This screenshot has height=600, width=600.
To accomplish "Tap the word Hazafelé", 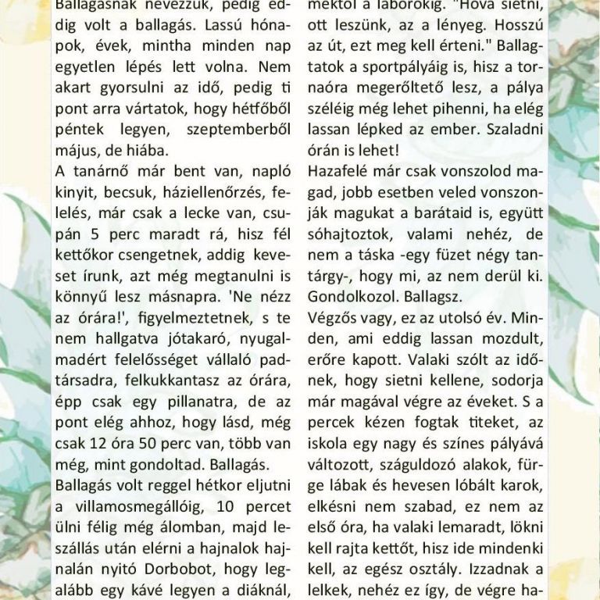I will tap(339, 169).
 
